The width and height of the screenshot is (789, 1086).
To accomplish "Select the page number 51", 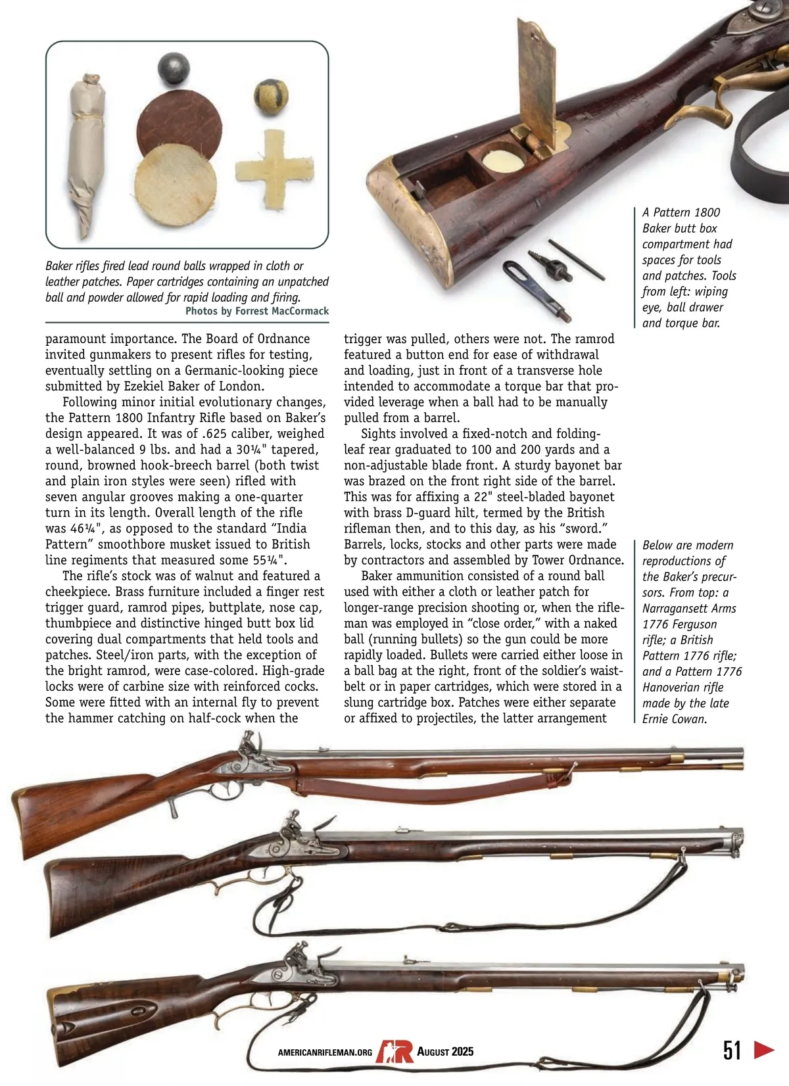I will point(732,1050).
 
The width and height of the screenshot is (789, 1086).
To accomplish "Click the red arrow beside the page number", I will point(764,1049).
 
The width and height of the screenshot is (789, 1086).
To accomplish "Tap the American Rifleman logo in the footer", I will point(394,1051).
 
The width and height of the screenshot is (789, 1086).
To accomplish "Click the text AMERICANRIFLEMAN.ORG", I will point(325,1052).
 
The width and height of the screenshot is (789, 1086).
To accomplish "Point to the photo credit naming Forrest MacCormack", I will point(257,312).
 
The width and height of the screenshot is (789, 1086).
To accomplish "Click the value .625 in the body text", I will point(233,434).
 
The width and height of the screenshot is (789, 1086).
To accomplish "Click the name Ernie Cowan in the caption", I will point(674,719).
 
